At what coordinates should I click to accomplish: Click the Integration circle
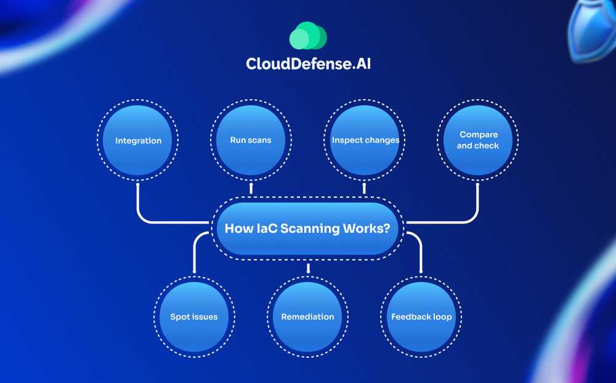(x=138, y=140)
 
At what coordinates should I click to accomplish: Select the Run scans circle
(x=251, y=140)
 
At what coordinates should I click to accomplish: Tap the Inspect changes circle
(x=365, y=140)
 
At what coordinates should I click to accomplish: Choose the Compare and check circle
(x=478, y=140)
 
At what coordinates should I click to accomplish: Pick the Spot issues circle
(x=194, y=317)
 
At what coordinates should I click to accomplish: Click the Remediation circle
(x=307, y=317)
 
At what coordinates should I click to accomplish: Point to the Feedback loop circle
(x=421, y=317)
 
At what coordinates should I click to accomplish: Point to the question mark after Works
(x=386, y=228)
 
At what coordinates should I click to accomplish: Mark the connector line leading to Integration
(x=139, y=203)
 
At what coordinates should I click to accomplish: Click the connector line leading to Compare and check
(x=477, y=203)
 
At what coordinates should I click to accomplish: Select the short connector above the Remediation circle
(x=307, y=267)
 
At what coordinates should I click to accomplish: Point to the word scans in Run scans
(x=259, y=140)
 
